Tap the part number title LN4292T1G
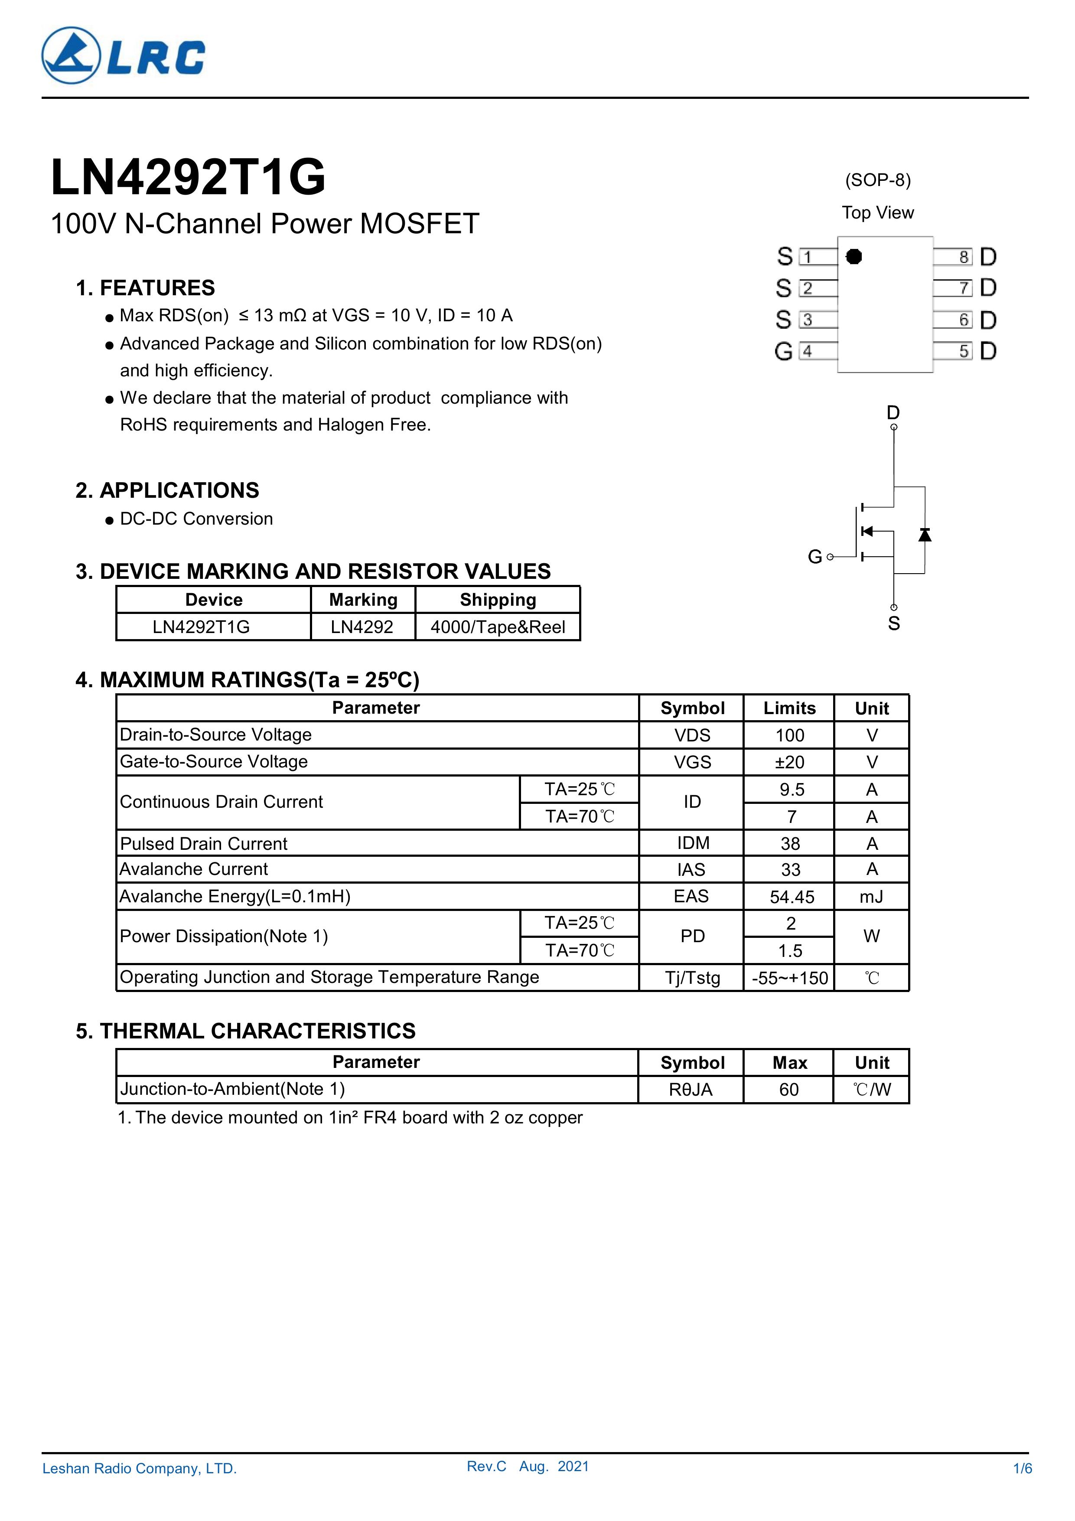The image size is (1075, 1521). pos(188,177)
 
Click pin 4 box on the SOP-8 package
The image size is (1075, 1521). pos(808,351)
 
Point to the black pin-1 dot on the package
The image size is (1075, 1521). pos(854,256)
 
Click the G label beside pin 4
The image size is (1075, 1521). pos(783,352)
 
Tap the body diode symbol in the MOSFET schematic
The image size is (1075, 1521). pos(925,534)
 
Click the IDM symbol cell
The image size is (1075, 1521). pos(693,843)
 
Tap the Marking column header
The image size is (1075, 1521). pos(363,600)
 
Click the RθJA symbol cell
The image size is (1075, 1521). pos(691,1090)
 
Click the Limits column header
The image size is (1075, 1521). pos(789,708)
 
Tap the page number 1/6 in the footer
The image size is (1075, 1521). pos(1023,1487)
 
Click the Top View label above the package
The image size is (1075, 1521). pos(878,212)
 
